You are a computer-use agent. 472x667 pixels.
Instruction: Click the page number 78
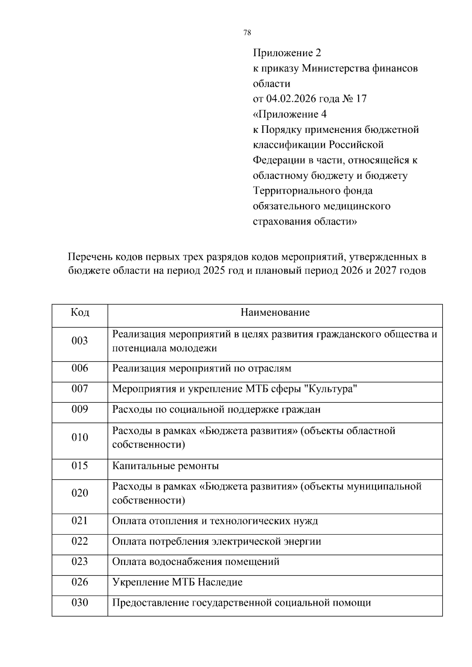click(x=247, y=33)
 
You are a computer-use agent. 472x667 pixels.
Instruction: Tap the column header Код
click(x=80, y=312)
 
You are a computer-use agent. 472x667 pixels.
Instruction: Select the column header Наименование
click(x=275, y=312)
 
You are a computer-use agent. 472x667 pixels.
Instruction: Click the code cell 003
click(x=80, y=341)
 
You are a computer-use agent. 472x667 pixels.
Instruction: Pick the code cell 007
click(x=80, y=389)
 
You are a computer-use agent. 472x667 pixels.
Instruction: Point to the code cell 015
click(x=80, y=466)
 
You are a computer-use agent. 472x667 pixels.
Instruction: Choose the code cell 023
click(x=80, y=561)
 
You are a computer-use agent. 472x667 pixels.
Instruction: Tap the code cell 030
click(x=80, y=602)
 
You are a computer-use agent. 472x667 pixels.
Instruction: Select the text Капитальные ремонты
click(x=165, y=466)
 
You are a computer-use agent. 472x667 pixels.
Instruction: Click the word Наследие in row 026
click(x=220, y=582)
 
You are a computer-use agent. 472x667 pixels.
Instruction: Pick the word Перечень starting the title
click(x=90, y=257)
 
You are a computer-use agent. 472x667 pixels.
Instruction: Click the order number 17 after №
click(x=361, y=99)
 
